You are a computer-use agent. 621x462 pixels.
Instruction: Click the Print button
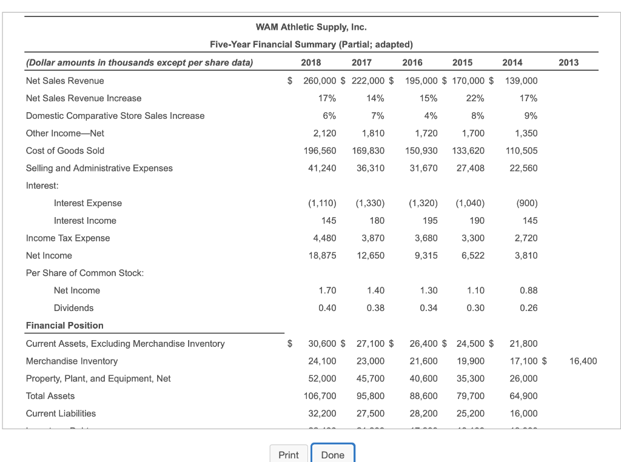[x=288, y=455]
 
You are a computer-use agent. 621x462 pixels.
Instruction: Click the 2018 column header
[x=311, y=62]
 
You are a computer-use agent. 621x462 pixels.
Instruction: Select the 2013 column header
[x=568, y=62]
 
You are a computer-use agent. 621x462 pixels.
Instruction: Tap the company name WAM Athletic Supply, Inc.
[x=311, y=27]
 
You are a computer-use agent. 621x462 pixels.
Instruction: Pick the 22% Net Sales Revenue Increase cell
[x=475, y=98]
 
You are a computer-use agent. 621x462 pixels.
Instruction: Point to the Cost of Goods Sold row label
[x=65, y=150]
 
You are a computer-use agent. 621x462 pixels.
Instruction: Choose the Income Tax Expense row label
[x=68, y=238]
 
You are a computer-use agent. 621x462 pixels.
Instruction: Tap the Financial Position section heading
[x=64, y=326]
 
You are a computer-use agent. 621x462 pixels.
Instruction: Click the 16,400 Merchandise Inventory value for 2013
[x=583, y=361]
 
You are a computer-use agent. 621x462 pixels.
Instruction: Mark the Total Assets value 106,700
[x=320, y=396]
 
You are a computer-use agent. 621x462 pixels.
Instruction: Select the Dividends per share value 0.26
[x=528, y=308]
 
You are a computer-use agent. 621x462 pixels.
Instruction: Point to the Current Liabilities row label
[x=61, y=413]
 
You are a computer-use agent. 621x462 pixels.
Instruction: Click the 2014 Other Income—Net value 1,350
[x=526, y=133]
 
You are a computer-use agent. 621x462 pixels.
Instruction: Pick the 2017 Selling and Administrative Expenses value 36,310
[x=370, y=168]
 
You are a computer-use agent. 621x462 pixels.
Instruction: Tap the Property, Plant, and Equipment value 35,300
[x=470, y=378]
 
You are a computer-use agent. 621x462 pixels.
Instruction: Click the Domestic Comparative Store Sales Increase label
[x=115, y=116]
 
